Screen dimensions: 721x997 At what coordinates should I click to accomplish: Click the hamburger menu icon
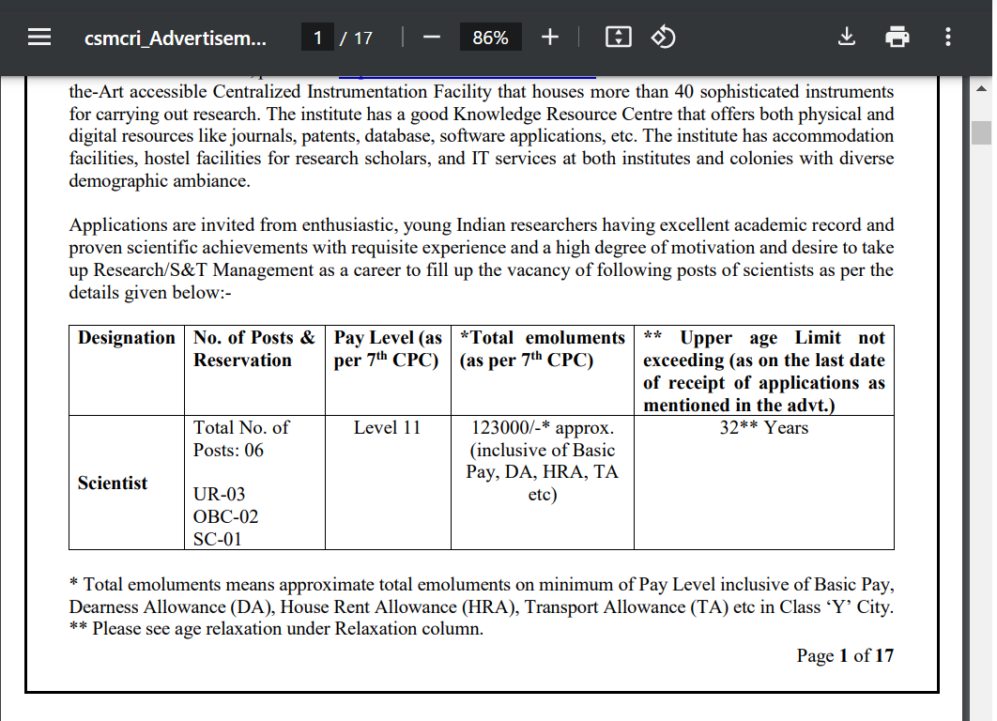pyautogui.click(x=38, y=38)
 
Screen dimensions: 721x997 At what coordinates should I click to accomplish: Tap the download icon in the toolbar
pyautogui.click(x=846, y=38)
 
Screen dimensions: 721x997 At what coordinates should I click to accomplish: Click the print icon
pyautogui.click(x=897, y=38)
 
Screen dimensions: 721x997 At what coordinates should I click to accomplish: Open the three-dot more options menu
pyautogui.click(x=948, y=38)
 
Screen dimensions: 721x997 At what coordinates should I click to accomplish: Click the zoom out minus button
pyautogui.click(x=432, y=38)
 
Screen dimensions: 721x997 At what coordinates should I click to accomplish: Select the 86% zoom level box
pyautogui.click(x=490, y=38)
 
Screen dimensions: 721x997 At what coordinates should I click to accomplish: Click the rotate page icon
pyautogui.click(x=664, y=38)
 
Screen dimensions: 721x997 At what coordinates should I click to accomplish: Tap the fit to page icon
pyautogui.click(x=619, y=38)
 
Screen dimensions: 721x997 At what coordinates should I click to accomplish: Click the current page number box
pyautogui.click(x=318, y=38)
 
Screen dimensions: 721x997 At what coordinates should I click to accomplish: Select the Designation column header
pyautogui.click(x=127, y=338)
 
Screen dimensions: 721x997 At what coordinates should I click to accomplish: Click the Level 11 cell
pyautogui.click(x=387, y=428)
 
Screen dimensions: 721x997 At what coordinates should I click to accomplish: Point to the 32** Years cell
pyautogui.click(x=763, y=428)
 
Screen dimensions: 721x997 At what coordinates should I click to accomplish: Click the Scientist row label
pyautogui.click(x=113, y=483)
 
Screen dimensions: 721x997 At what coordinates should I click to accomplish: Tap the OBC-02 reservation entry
pyautogui.click(x=225, y=517)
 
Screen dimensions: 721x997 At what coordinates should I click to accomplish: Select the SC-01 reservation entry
pyautogui.click(x=218, y=540)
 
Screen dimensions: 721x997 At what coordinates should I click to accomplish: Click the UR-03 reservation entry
pyautogui.click(x=219, y=495)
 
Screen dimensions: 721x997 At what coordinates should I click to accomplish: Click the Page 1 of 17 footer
pyautogui.click(x=845, y=655)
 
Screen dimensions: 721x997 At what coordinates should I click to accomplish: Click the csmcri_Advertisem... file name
pyautogui.click(x=176, y=38)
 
